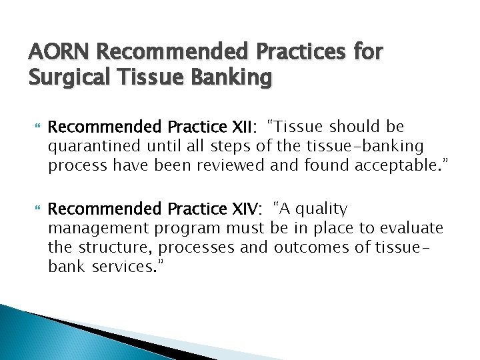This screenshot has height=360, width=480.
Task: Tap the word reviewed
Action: pos(229,165)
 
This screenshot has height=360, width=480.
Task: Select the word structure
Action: pos(107,247)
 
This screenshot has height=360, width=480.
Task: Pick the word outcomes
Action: pos(313,247)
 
